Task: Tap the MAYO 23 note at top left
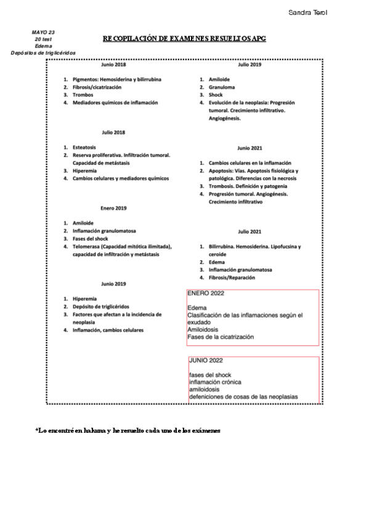click(43, 31)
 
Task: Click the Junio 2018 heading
click(114, 65)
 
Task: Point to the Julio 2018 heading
click(114, 132)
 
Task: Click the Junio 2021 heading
click(249, 148)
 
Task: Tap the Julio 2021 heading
click(249, 231)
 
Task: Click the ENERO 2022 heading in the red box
click(206, 294)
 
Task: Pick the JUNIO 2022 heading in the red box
click(206, 361)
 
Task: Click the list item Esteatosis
click(84, 148)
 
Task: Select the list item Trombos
click(82, 95)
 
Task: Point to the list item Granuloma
click(222, 87)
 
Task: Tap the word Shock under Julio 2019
click(216, 95)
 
